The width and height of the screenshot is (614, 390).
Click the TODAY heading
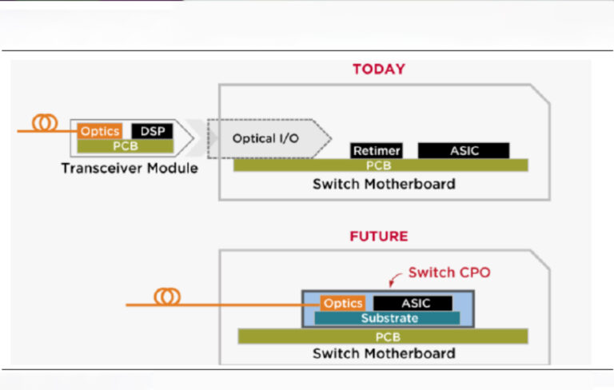[378, 70]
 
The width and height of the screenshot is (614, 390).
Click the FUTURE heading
[378, 237]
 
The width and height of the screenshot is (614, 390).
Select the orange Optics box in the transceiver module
[100, 131]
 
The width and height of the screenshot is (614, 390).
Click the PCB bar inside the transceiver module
[124, 145]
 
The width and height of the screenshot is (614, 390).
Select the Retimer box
[376, 150]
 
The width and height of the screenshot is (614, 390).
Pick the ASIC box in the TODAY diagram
[464, 150]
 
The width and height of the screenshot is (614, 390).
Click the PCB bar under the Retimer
[381, 165]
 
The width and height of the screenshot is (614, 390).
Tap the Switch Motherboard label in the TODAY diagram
[384, 184]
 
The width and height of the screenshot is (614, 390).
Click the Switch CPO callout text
[449, 273]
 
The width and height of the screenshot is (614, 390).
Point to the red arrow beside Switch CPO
[395, 280]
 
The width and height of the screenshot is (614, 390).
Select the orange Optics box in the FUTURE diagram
[343, 303]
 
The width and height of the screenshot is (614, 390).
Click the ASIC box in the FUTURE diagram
[413, 303]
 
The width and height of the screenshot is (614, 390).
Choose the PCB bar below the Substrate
[383, 336]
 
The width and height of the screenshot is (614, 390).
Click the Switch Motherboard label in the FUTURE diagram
[384, 353]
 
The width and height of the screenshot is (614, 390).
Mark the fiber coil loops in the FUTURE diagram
[167, 296]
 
